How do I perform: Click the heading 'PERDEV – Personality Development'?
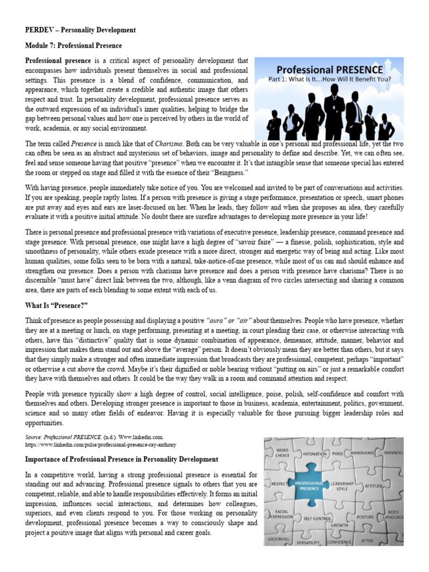point(80,30)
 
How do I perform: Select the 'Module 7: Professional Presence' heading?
point(73,45)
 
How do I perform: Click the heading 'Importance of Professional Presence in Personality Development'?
point(122,459)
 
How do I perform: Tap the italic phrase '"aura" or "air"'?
point(229,320)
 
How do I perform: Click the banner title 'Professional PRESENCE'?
point(330,70)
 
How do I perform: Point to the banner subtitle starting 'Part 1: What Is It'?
point(330,79)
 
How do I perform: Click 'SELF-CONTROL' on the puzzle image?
point(318,518)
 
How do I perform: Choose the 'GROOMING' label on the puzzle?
point(278,539)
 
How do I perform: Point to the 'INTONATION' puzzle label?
point(315,454)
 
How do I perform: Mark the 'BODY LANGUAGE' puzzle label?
point(394,514)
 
